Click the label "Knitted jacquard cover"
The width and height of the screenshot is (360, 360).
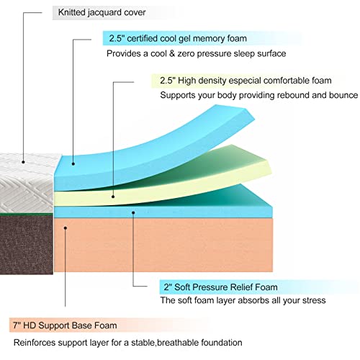(x=102, y=12)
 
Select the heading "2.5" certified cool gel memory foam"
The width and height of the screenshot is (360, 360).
(x=178, y=38)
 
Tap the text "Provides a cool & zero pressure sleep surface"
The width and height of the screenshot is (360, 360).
(x=196, y=53)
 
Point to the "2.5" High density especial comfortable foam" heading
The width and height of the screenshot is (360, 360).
(x=246, y=81)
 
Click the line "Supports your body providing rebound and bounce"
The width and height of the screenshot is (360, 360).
(x=258, y=95)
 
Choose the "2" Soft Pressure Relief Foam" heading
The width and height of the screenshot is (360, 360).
(x=220, y=287)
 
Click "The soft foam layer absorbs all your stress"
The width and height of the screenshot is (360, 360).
(x=243, y=300)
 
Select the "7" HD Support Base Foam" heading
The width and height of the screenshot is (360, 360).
(x=65, y=325)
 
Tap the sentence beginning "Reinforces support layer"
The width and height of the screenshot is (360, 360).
(x=127, y=343)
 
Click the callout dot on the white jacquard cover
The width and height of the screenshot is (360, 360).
(x=23, y=162)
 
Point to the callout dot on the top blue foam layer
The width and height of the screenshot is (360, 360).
(x=73, y=164)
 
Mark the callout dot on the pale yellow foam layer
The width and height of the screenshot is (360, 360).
(x=113, y=197)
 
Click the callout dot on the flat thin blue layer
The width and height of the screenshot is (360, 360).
(x=133, y=212)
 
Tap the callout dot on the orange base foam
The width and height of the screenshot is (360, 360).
(x=66, y=228)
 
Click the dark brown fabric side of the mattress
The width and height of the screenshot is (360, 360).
(x=27, y=244)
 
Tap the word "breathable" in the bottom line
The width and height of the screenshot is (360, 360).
(x=177, y=343)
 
